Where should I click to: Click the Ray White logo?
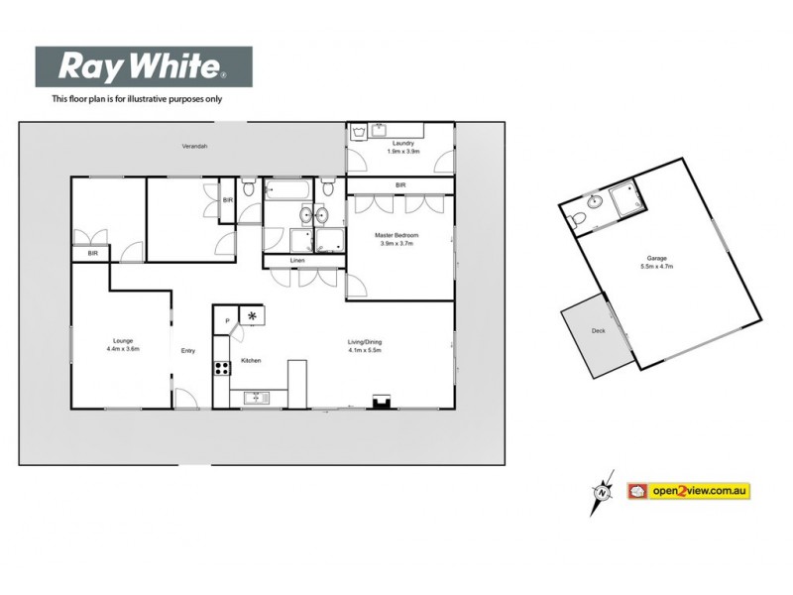(144, 67)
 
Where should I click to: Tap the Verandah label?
(194, 146)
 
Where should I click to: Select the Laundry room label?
(402, 144)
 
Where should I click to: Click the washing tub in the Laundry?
(384, 129)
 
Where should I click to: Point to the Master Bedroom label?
(396, 235)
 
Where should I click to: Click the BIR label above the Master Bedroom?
(400, 185)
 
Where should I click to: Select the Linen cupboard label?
(297, 261)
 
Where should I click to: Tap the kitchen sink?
(256, 399)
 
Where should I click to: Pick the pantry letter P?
(227, 320)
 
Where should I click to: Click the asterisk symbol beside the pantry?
(253, 316)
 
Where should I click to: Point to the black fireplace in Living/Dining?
(379, 401)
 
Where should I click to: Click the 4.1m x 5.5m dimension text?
(365, 350)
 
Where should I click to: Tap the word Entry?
(188, 350)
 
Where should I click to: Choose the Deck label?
(598, 330)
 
